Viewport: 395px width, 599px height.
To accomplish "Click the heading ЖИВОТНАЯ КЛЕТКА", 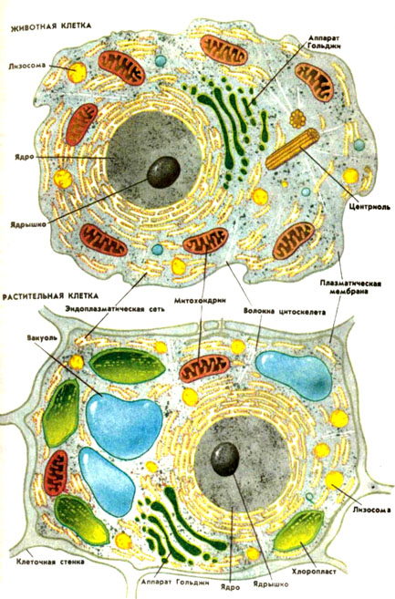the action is tap(51, 26).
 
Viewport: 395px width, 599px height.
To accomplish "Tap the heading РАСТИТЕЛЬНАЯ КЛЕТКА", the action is tap(50, 295).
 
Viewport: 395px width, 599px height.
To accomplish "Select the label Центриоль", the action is tap(369, 207).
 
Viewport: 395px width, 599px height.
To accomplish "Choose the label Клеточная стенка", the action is tap(50, 562).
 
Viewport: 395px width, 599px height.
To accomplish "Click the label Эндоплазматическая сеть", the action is tap(115, 309).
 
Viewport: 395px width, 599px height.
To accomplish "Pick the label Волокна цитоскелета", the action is tap(285, 312).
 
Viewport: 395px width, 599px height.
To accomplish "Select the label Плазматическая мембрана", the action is tap(350, 287).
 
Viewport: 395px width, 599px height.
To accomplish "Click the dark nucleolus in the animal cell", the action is tap(163, 172).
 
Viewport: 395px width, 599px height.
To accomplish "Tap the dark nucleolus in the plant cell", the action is tap(225, 459).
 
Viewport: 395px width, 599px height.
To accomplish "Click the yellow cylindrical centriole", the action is tap(293, 149).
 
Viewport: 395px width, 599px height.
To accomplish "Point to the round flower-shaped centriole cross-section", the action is tap(297, 119).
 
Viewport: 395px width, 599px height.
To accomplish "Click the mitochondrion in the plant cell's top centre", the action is tap(205, 368).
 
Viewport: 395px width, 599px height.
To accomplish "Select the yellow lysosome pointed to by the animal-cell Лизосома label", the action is tap(78, 72).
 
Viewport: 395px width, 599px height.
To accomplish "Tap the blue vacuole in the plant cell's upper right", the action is tap(294, 375).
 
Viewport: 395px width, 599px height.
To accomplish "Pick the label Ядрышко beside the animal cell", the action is tap(28, 224).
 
